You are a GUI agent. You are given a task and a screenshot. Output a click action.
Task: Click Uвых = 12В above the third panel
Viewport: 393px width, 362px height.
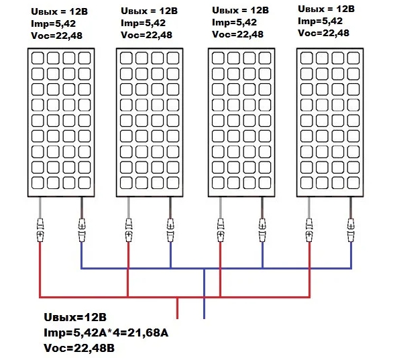point(240,11)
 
